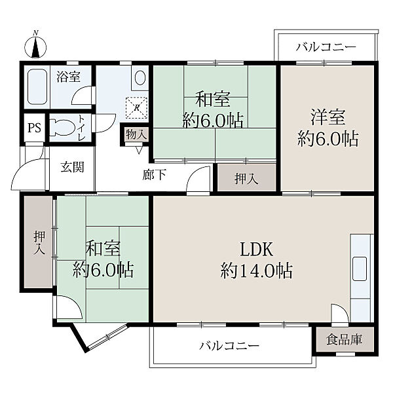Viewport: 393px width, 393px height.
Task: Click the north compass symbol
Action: (35, 47)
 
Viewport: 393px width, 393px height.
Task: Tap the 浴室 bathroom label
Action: (68, 77)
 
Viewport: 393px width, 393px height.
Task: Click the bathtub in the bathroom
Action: (37, 86)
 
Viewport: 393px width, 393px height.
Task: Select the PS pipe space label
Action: (34, 128)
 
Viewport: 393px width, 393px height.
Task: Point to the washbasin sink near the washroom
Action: (140, 77)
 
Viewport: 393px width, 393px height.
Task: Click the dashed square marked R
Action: (137, 108)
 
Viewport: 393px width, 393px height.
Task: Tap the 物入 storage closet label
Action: (136, 134)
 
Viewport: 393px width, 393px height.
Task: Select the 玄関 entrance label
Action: (72, 167)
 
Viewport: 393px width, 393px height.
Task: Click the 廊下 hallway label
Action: (154, 175)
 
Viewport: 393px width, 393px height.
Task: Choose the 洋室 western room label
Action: (328, 117)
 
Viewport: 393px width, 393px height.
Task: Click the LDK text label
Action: (256, 250)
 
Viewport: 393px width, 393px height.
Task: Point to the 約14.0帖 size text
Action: (256, 271)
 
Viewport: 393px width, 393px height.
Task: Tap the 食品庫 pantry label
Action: (344, 339)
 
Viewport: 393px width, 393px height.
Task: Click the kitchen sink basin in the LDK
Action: (360, 269)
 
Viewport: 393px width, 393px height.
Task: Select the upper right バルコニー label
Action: (326, 47)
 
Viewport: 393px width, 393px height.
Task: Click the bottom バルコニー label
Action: (229, 346)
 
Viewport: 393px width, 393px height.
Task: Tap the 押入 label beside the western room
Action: (246, 179)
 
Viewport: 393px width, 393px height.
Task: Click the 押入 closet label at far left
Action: (40, 243)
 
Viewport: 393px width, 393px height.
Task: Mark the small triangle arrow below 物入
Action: (140, 151)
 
